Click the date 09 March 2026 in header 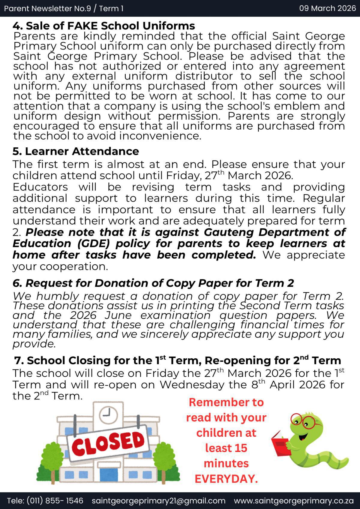point(327,8)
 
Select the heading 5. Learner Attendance point(76,151)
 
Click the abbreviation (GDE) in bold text point(93,243)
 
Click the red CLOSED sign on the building point(108,443)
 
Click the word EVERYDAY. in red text point(226,479)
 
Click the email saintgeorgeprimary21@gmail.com point(158,501)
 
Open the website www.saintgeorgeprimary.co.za point(293,501)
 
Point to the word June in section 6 point(118,315)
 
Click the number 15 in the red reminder point(241,448)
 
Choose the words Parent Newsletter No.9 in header point(47,8)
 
